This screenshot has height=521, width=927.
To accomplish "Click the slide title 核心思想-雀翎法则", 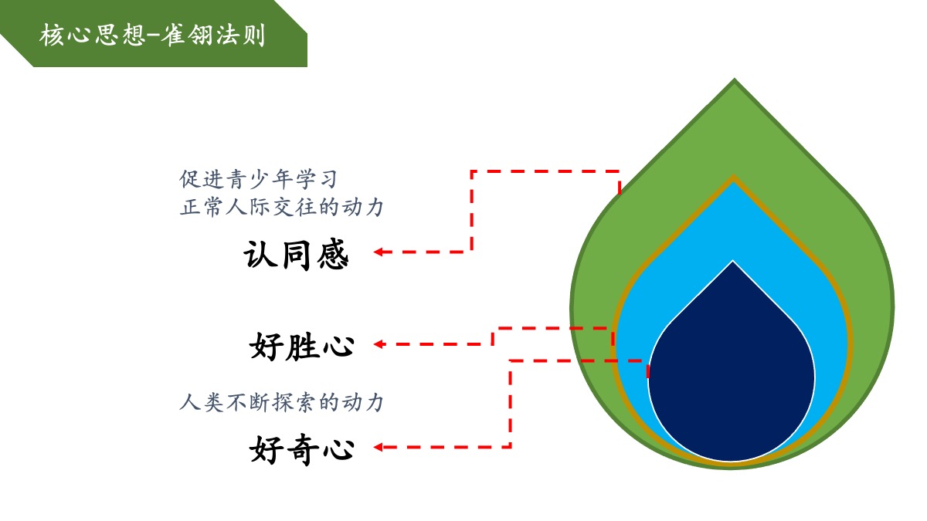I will (x=152, y=36).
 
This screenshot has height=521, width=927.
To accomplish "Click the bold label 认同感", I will (x=296, y=254).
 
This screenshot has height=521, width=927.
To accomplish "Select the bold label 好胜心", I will (x=302, y=346).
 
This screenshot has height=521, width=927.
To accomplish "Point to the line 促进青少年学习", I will (x=259, y=180).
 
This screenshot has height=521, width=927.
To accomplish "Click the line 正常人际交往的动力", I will (x=281, y=208).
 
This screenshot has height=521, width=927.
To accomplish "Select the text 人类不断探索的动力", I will (x=281, y=402).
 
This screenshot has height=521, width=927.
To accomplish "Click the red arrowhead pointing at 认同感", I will (x=379, y=252).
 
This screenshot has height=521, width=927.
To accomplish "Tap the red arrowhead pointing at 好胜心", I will (x=379, y=344).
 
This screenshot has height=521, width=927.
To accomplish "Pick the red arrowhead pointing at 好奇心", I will (x=379, y=446).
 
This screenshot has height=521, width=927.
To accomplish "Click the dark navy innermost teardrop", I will (x=732, y=370).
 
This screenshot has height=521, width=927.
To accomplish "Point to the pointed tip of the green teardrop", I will (x=734, y=81).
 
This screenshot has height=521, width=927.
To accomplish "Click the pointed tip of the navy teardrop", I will (x=733, y=262).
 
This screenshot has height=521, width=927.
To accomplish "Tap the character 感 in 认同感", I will (x=331, y=254).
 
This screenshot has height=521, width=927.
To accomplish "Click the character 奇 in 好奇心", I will (x=302, y=449).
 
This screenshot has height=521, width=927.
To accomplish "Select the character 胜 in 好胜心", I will (x=302, y=346).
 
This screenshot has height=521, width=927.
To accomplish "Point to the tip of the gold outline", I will (x=733, y=178).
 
